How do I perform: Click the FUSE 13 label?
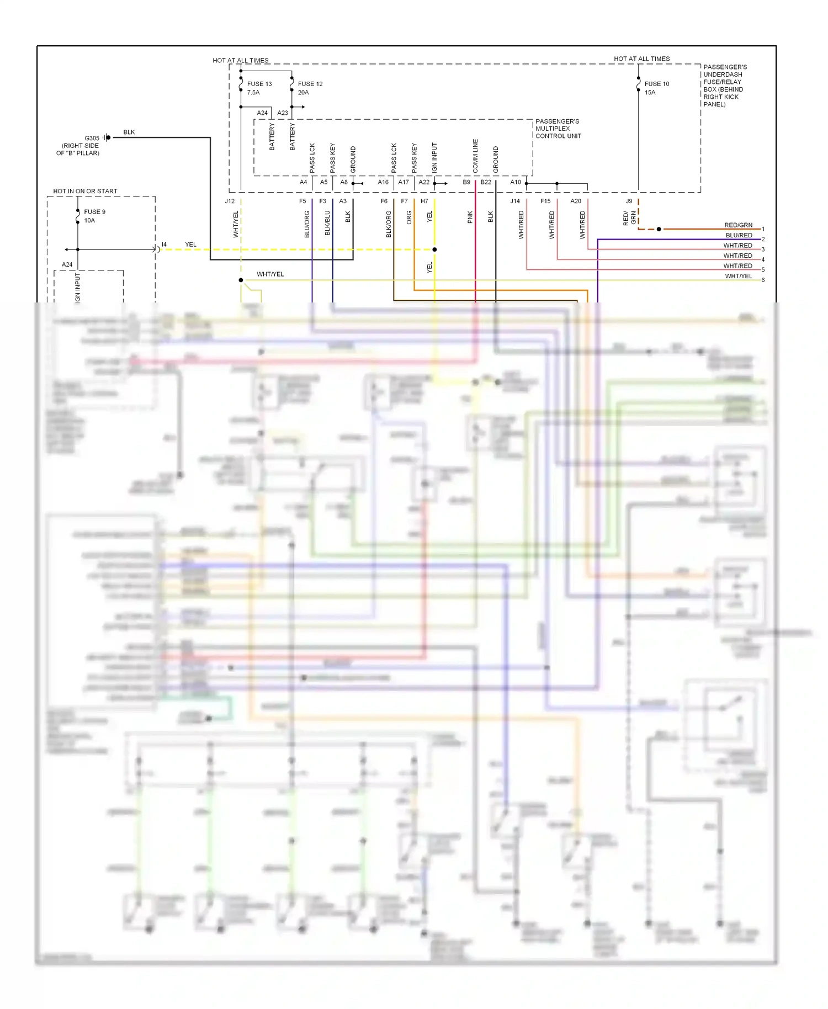tap(259, 84)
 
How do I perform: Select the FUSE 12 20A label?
tap(310, 88)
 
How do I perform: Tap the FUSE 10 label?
tap(656, 84)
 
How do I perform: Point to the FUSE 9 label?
tap(94, 212)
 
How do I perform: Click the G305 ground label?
tap(92, 138)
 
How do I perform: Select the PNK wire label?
tap(470, 217)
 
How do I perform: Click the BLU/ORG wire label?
tap(307, 224)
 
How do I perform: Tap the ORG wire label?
tap(409, 217)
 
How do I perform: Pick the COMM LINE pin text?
tap(475, 156)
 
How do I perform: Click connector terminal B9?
tap(466, 182)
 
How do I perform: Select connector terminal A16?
tap(383, 182)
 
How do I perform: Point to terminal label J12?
tap(230, 201)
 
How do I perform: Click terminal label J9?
tap(629, 201)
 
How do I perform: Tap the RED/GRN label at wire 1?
tap(738, 225)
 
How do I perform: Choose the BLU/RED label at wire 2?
tap(739, 235)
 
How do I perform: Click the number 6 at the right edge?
tap(763, 280)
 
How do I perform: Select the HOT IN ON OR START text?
tap(85, 191)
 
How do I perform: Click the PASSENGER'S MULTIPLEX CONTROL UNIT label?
tap(558, 129)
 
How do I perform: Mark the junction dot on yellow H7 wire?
tap(434, 249)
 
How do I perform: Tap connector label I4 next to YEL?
tap(164, 245)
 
